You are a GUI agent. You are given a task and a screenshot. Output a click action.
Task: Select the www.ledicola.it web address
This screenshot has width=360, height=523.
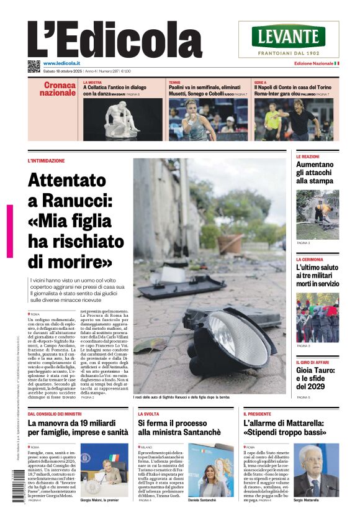click(65, 63)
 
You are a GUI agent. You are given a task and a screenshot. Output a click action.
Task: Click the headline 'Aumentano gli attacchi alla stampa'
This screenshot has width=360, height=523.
click(315, 173)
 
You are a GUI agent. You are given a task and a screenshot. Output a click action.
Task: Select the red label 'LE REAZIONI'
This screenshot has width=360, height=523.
click(308, 157)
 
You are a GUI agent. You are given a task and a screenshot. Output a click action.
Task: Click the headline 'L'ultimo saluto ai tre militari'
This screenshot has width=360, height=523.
click(317, 275)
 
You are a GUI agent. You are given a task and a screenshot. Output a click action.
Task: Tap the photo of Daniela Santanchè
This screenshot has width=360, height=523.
click(211, 468)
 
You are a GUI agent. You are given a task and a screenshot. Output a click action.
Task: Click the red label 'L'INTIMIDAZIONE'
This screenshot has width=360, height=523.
click(47, 161)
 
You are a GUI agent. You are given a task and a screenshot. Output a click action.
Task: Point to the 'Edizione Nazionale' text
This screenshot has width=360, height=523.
click(313, 63)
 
